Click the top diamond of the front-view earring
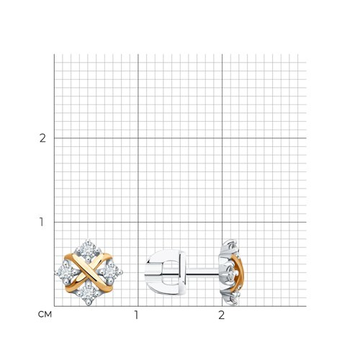89,250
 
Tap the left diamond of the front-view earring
66,272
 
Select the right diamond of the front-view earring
111,272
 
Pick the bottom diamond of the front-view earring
89,294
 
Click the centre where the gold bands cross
89,272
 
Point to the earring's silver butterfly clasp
166,272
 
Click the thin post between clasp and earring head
203,271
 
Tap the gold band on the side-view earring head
238,273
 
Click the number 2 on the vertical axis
42,138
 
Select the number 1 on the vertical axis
42,222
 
